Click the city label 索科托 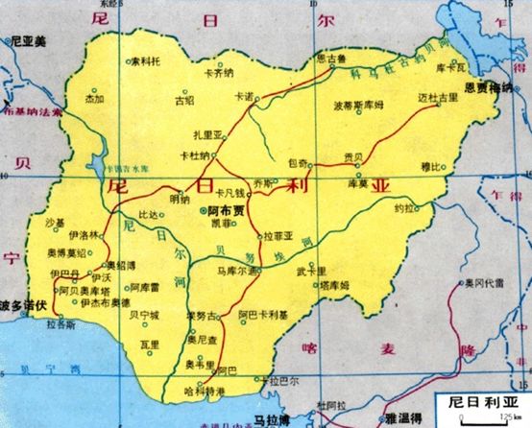click(148, 60)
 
